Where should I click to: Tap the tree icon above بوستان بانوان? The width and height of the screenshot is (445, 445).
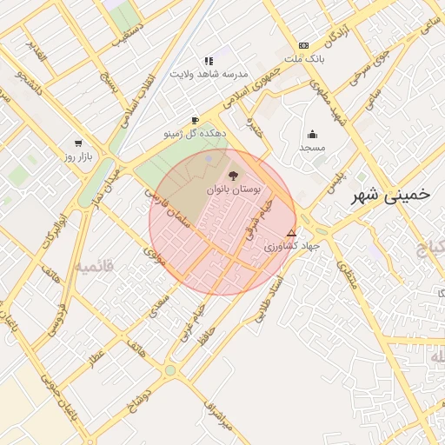pyautogui.click(x=233, y=175)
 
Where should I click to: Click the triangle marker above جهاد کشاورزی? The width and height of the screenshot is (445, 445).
pyautogui.click(x=291, y=233)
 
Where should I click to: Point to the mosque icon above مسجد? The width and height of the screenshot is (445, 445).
pyautogui.click(x=312, y=134)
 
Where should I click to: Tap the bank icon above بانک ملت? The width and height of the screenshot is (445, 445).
pyautogui.click(x=303, y=45)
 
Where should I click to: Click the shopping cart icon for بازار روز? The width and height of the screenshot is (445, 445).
pyautogui.click(x=79, y=143)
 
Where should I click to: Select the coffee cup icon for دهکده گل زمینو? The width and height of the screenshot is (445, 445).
pyautogui.click(x=195, y=121)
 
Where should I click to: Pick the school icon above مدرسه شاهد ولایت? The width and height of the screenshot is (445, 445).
pyautogui.click(x=209, y=61)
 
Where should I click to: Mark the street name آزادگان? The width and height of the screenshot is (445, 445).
pyautogui.click(x=337, y=32)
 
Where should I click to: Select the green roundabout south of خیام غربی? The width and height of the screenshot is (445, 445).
pyautogui.click(x=170, y=370)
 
